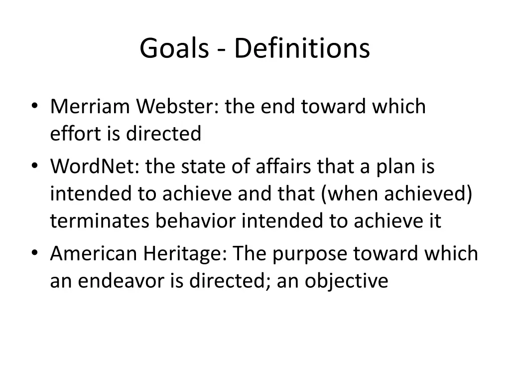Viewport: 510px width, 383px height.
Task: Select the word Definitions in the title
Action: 302,49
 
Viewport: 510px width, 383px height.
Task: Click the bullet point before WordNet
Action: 34,167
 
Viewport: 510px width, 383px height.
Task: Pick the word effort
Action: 68,134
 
